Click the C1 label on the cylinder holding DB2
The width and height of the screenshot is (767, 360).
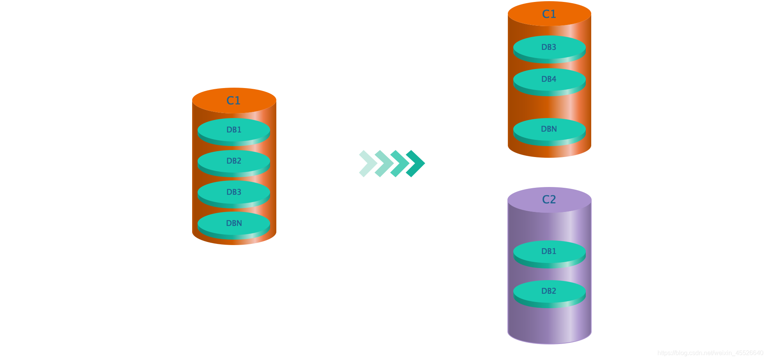[233, 101]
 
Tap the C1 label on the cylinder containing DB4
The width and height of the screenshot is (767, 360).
[549, 14]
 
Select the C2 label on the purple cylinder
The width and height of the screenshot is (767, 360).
[549, 199]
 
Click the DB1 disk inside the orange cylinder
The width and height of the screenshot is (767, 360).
[234, 130]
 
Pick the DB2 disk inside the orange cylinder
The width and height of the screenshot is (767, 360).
[234, 161]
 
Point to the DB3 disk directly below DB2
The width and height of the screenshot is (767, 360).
[234, 192]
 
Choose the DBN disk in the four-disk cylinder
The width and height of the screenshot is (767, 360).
[234, 223]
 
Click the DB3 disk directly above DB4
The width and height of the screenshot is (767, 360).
[549, 47]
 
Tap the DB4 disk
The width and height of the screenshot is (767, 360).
[549, 79]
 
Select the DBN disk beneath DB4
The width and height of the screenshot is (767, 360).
[549, 129]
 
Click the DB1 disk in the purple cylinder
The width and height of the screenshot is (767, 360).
[549, 251]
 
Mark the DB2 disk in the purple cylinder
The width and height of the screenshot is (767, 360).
[549, 291]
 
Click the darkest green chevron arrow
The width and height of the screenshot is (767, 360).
[417, 164]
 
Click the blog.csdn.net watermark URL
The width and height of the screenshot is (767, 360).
[710, 353]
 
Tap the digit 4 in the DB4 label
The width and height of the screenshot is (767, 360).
[554, 79]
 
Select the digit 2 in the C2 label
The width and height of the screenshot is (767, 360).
[553, 199]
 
